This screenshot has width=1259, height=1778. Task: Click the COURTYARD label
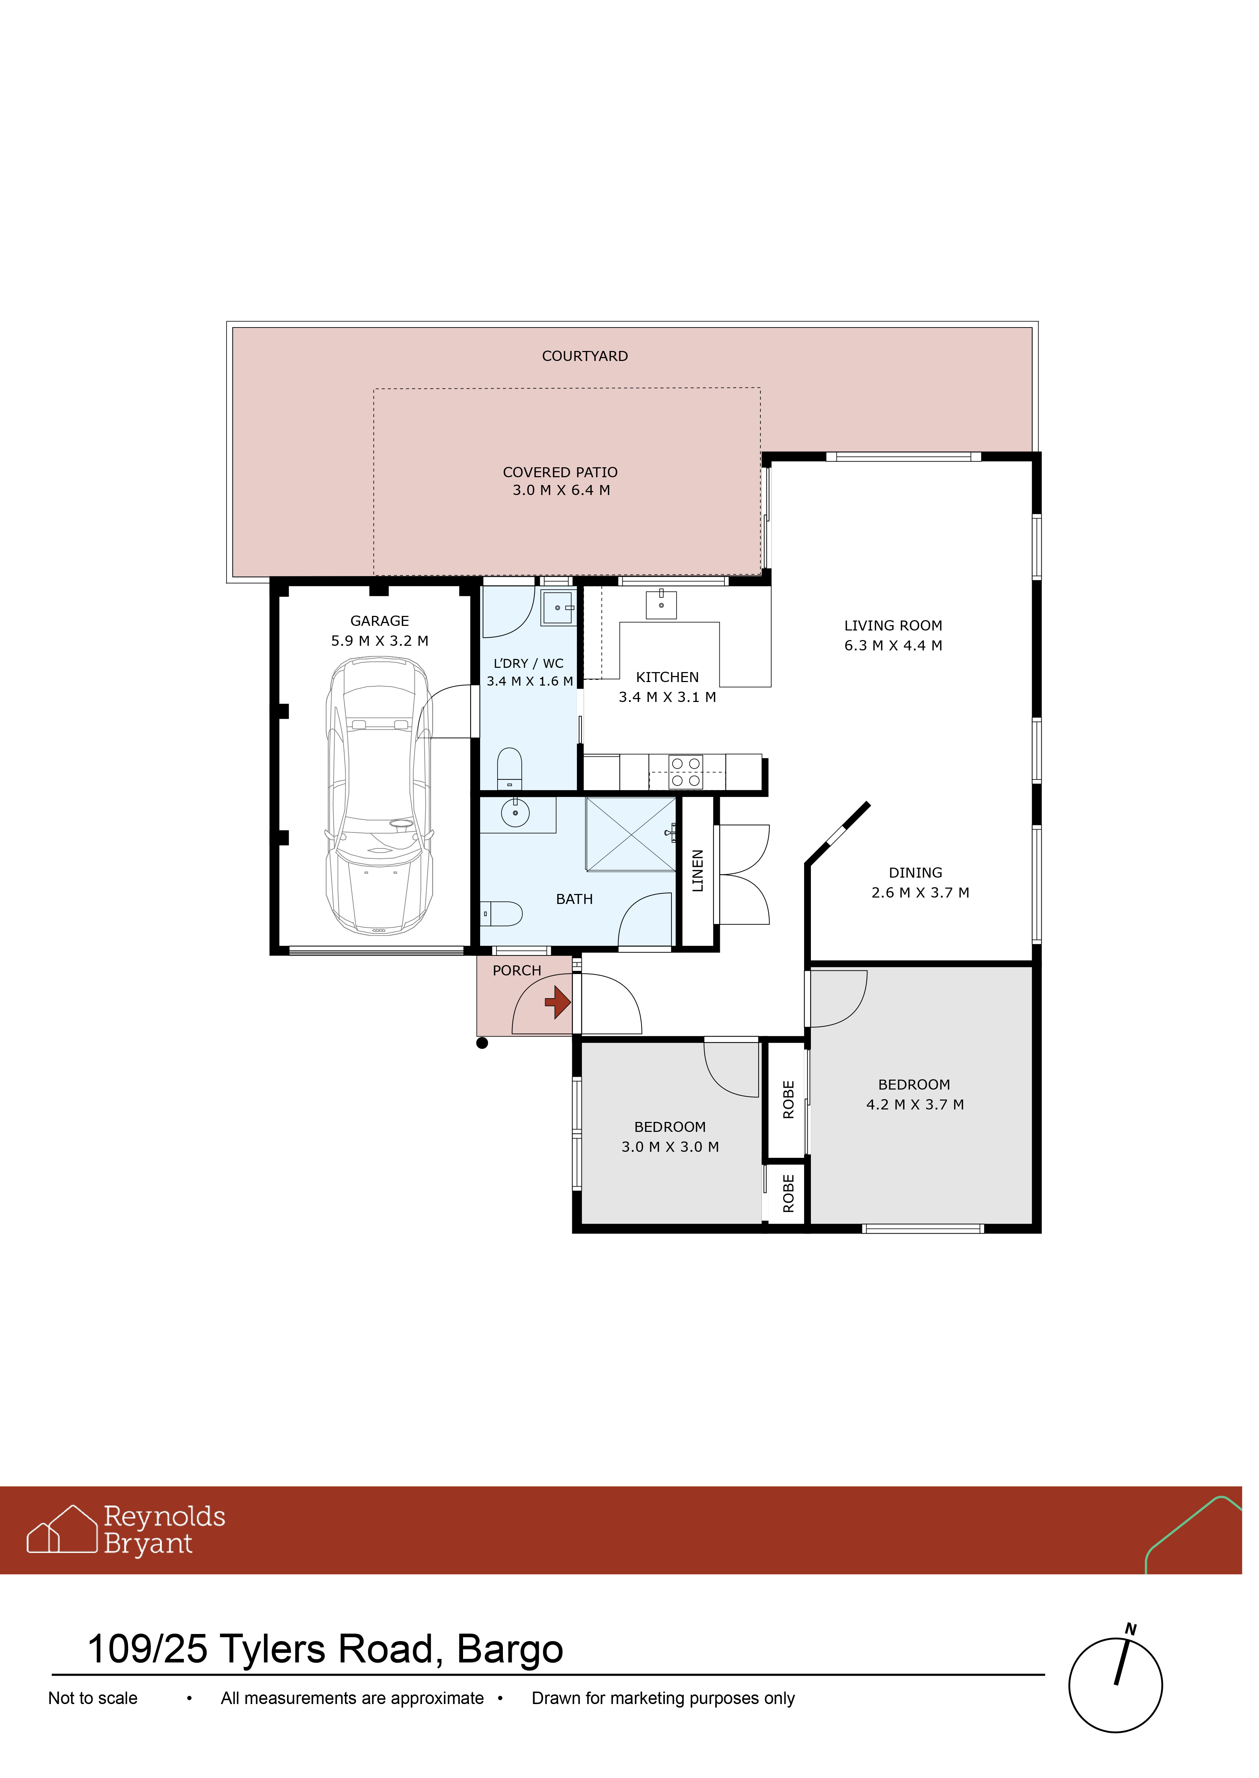tap(585, 357)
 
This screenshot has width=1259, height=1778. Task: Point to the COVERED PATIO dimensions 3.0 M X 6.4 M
tap(561, 491)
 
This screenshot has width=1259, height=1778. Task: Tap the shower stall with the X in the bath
tap(631, 834)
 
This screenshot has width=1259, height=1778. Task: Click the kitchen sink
tap(661, 604)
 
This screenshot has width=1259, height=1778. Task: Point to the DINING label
tap(915, 873)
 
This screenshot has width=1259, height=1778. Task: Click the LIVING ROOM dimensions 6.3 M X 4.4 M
tap(893, 646)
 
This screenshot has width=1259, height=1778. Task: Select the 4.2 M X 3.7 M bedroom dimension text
tap(915, 1104)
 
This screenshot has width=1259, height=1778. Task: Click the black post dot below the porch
tap(482, 1043)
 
